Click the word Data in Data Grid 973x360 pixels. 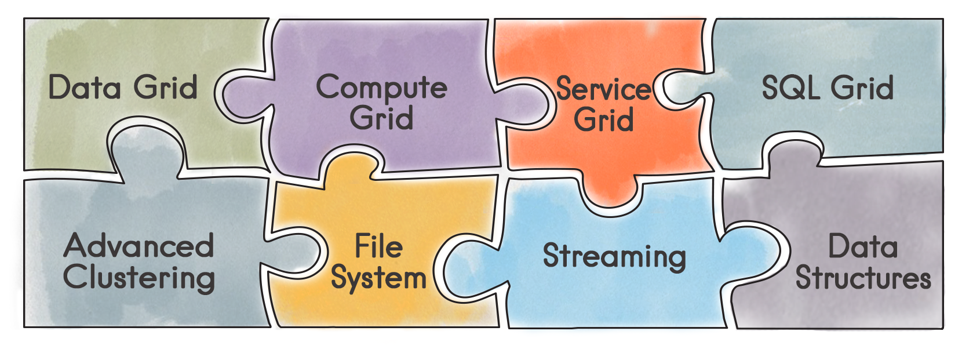coord(85,88)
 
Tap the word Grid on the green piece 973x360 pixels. coord(166,88)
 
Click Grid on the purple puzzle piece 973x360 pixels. coord(381,118)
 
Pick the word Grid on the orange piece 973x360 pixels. coord(603,120)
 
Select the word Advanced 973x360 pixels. coord(139,246)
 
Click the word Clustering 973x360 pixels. coord(139,278)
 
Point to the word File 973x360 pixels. coord(378,246)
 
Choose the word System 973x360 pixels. coord(378,278)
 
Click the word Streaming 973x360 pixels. coord(614,256)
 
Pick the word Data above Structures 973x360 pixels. coord(863,246)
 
